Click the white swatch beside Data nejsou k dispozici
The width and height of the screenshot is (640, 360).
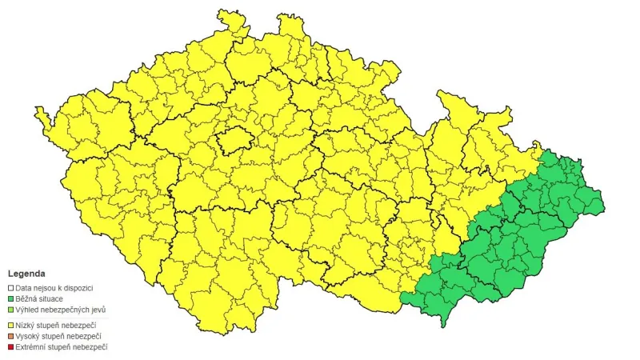coord(11,287)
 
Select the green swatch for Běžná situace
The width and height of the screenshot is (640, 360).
coord(11,298)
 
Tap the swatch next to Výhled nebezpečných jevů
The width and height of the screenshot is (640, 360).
coord(11,310)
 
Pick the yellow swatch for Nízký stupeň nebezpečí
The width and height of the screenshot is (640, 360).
coord(11,325)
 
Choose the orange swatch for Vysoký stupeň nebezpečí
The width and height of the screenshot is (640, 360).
coord(11,336)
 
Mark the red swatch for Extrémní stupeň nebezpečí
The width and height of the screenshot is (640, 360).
coord(11,347)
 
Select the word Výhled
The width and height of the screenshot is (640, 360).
coord(28,310)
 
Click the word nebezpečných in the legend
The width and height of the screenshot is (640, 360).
coord(67,310)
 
